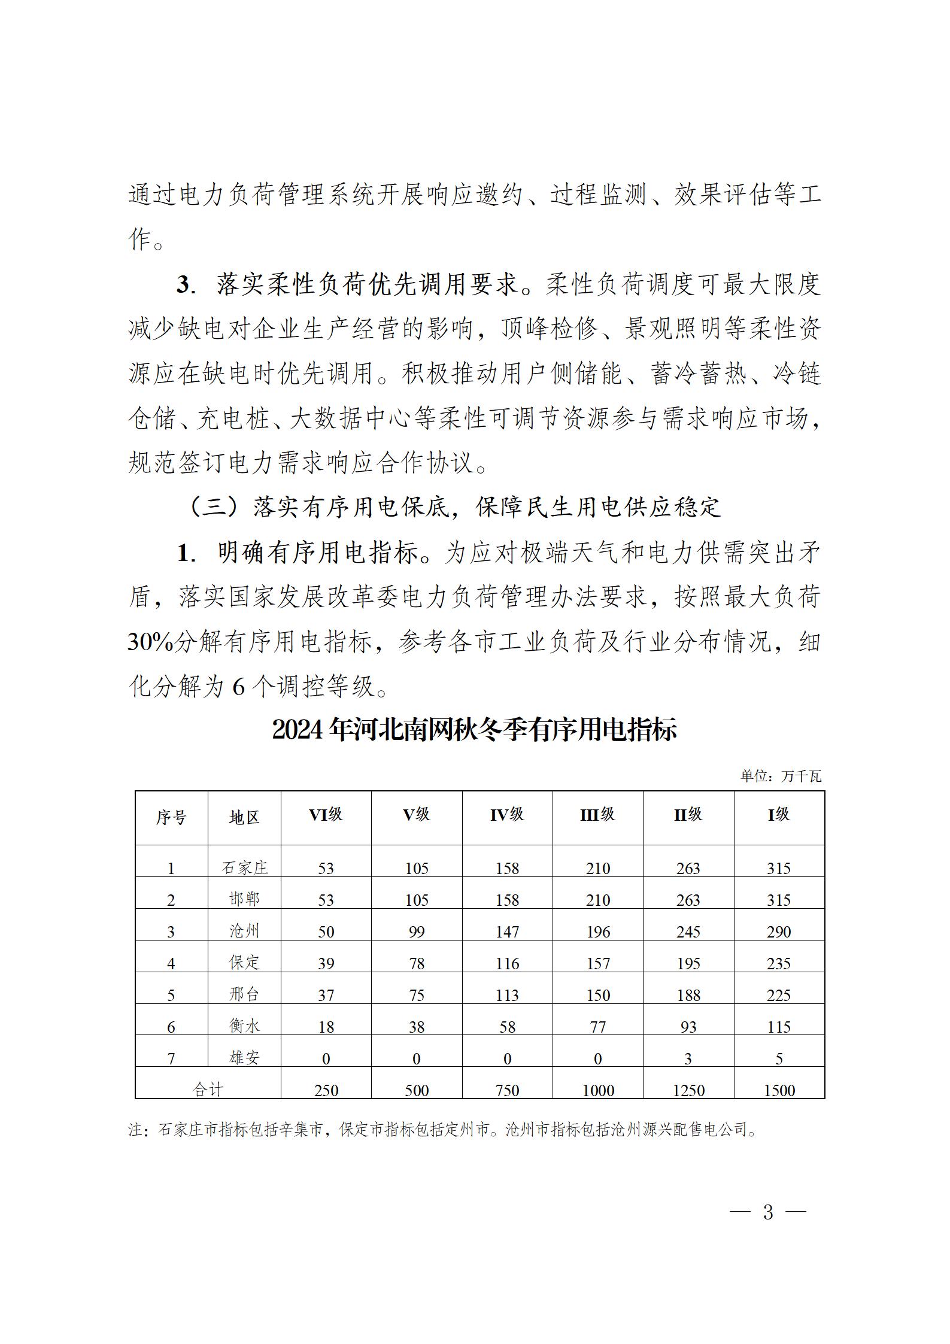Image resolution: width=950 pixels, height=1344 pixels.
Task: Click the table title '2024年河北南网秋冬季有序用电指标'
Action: click(x=474, y=730)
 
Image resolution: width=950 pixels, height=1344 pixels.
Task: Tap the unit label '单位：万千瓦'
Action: click(x=781, y=776)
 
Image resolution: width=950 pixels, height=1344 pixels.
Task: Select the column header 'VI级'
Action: click(x=326, y=815)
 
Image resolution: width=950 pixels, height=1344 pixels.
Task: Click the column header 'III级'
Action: click(x=597, y=815)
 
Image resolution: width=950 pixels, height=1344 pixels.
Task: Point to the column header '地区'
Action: click(x=244, y=818)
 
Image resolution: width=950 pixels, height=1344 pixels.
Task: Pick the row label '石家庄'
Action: click(x=244, y=867)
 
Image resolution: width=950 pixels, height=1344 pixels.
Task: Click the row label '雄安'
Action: click(x=244, y=1057)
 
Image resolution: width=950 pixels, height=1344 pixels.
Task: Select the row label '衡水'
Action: click(x=244, y=1026)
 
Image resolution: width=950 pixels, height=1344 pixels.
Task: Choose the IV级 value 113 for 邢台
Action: click(x=507, y=995)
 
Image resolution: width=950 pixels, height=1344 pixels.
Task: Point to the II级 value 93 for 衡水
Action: click(x=688, y=1027)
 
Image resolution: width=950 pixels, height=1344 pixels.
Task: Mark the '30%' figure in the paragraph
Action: click(x=150, y=642)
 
